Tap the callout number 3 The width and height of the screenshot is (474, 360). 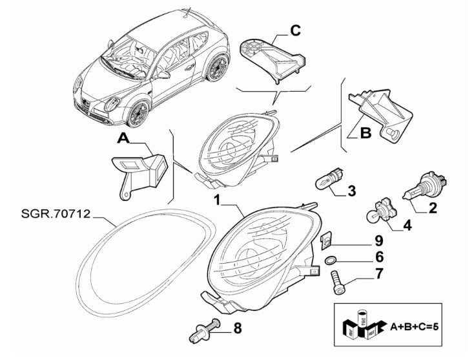coord(352,191)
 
